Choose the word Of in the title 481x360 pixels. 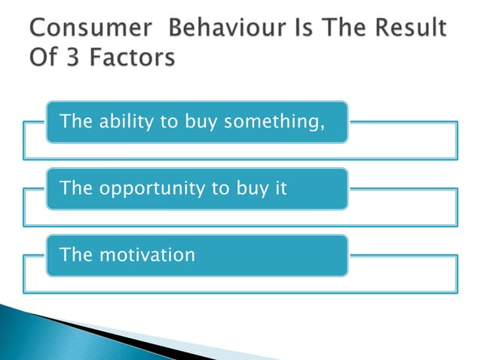click(44, 58)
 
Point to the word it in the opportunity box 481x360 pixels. click(280, 188)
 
